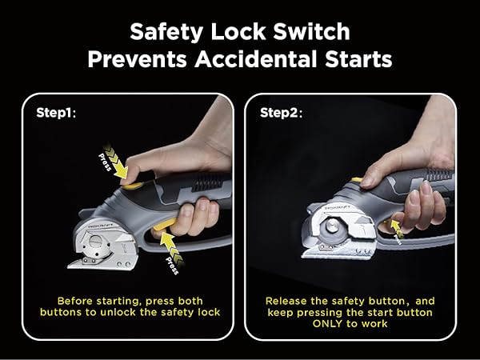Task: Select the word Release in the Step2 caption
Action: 284,300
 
